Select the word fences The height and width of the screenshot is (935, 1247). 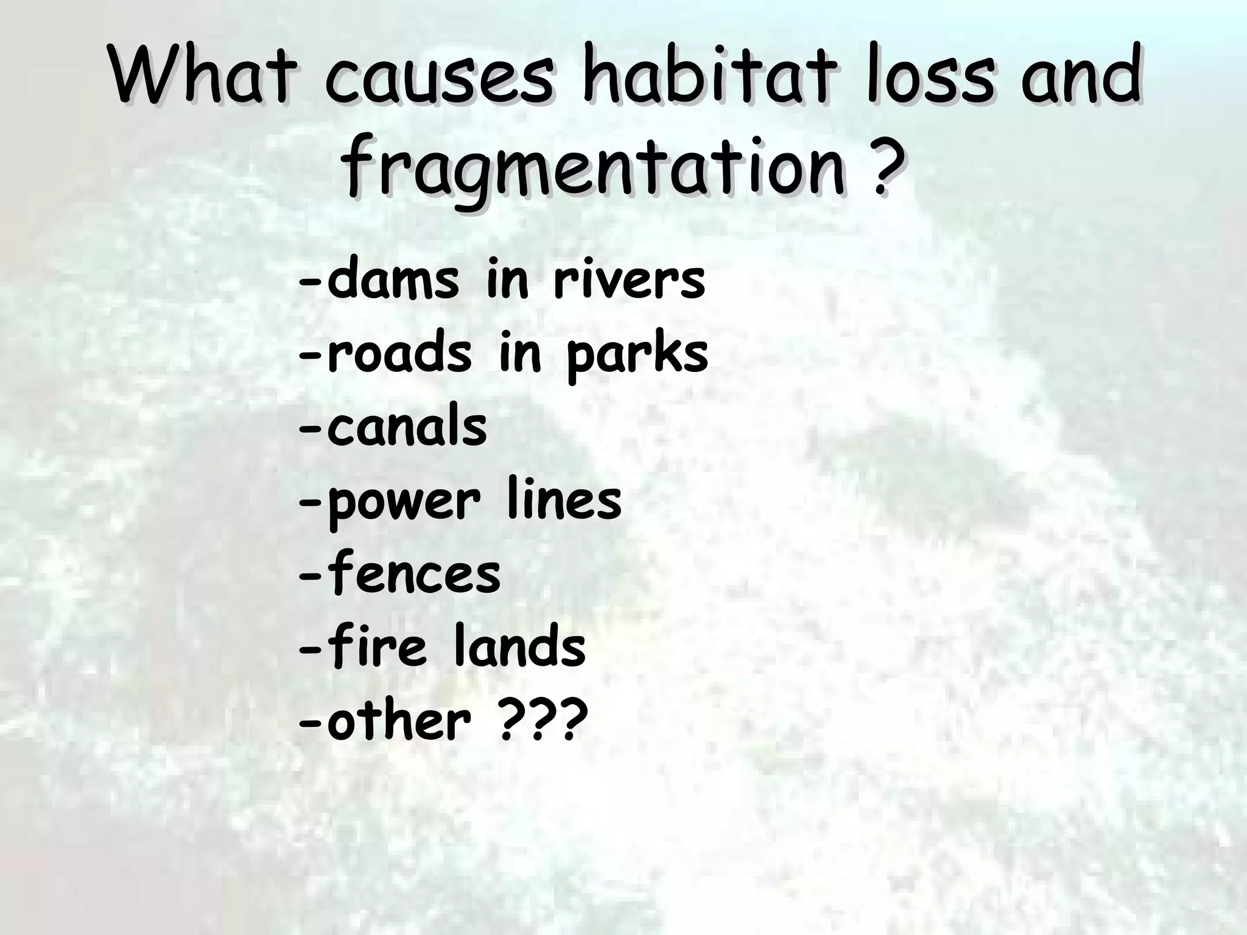coord(413,573)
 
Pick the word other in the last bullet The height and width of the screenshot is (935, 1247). coord(399,720)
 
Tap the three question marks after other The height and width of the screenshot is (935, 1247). coord(543,720)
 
